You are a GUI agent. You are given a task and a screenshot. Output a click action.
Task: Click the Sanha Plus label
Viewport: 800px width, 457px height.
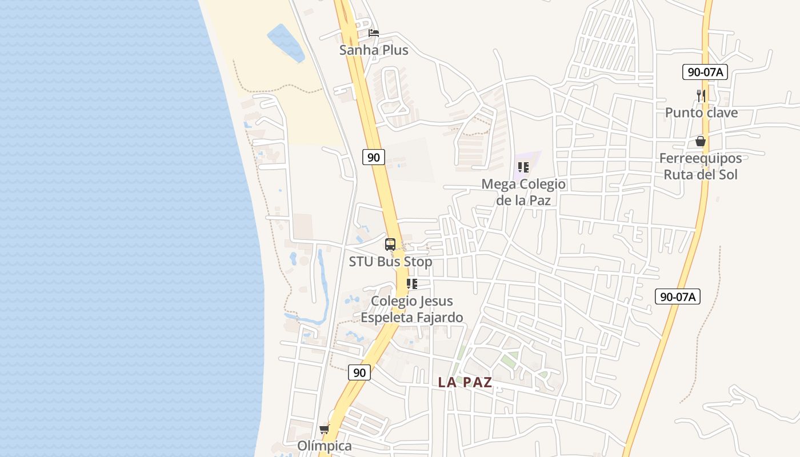tap(374, 50)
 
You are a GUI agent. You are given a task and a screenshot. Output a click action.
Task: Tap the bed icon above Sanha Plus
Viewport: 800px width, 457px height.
tap(374, 33)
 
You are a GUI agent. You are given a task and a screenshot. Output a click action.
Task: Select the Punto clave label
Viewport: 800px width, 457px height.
tap(701, 113)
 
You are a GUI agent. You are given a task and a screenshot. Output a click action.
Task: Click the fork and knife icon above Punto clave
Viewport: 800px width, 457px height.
tap(701, 95)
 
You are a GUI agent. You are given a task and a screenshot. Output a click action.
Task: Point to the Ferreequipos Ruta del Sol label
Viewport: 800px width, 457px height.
tap(701, 166)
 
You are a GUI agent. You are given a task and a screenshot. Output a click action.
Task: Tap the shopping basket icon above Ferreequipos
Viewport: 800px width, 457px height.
tap(701, 141)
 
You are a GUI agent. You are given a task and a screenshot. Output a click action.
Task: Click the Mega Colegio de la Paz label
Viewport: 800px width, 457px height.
tap(523, 192)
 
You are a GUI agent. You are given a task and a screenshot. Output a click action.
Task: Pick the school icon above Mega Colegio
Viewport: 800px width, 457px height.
tap(523, 167)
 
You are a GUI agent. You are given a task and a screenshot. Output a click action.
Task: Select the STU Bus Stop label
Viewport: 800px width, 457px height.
tap(390, 262)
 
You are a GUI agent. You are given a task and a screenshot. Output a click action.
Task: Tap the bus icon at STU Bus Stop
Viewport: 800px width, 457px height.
tap(390, 244)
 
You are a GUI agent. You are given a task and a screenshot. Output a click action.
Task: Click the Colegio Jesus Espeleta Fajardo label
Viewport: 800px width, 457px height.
tap(412, 309)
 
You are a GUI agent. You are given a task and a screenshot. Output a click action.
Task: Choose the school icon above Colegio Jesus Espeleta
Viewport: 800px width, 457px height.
tap(412, 284)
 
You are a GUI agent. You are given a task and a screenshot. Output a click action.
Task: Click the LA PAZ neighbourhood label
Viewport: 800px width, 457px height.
tap(465, 383)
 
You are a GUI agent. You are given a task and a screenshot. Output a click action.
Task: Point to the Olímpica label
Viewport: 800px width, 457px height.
tap(325, 446)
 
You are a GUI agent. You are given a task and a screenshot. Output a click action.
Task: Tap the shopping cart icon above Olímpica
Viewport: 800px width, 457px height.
tap(325, 429)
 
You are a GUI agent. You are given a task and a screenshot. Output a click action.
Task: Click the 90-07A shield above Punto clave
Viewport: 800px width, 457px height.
tap(705, 72)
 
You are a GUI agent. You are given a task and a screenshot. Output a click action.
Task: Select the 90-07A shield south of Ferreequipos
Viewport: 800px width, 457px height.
tap(677, 296)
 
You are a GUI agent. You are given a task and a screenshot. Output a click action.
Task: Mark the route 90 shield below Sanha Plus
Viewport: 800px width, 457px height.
tap(374, 157)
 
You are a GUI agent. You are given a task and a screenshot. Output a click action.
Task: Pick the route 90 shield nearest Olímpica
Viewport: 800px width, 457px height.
tap(359, 373)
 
